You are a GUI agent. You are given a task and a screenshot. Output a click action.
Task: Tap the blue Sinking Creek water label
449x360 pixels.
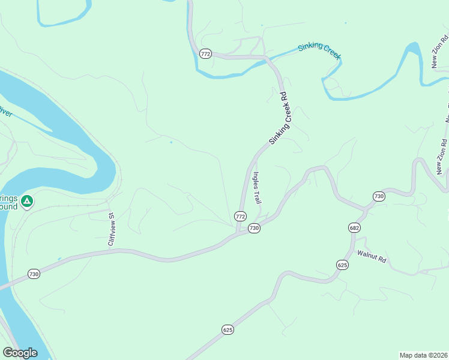coord(319,50)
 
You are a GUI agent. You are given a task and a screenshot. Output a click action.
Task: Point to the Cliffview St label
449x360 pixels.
coord(111,229)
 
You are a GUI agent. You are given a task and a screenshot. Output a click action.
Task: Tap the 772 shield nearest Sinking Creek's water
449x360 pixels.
coord(206,54)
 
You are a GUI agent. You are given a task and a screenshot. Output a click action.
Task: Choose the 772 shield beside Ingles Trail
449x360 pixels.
coord(240,216)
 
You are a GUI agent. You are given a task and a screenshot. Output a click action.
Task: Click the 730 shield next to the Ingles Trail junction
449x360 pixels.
coord(254,229)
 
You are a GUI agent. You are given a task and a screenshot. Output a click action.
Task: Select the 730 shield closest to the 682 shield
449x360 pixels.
coord(378,196)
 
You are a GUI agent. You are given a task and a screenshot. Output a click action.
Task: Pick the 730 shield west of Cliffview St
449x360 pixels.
coord(34,274)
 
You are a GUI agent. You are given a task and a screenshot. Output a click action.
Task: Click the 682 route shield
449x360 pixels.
coord(354,228)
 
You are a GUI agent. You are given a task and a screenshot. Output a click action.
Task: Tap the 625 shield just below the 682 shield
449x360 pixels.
coord(342,265)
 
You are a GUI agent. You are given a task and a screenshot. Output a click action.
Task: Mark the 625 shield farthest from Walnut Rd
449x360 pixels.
coord(228,329)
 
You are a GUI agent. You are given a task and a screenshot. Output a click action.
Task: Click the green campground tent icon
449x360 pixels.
coord(26,201)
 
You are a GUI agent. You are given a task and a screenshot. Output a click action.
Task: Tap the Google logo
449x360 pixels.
coord(20,353)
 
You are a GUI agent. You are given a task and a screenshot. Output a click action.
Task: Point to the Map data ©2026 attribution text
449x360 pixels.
coord(423,355)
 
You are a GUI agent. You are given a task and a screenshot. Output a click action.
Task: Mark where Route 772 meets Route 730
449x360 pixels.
coord(238,232)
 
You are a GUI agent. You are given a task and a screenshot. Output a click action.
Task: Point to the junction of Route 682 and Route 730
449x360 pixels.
coord(364,209)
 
